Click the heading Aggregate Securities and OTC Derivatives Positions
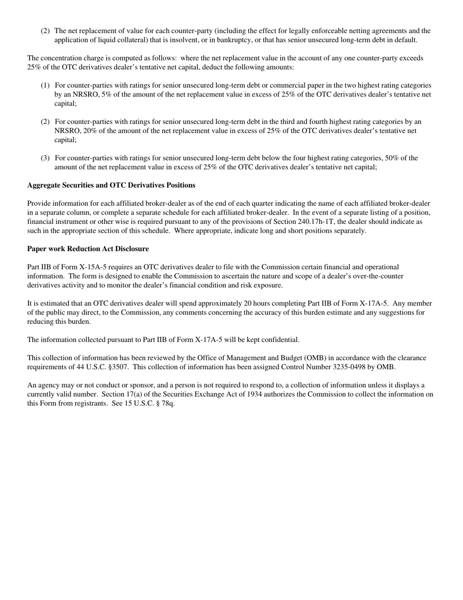(111, 185)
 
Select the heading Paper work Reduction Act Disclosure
(88, 249)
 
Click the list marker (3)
(45, 158)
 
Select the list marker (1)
(45, 85)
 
